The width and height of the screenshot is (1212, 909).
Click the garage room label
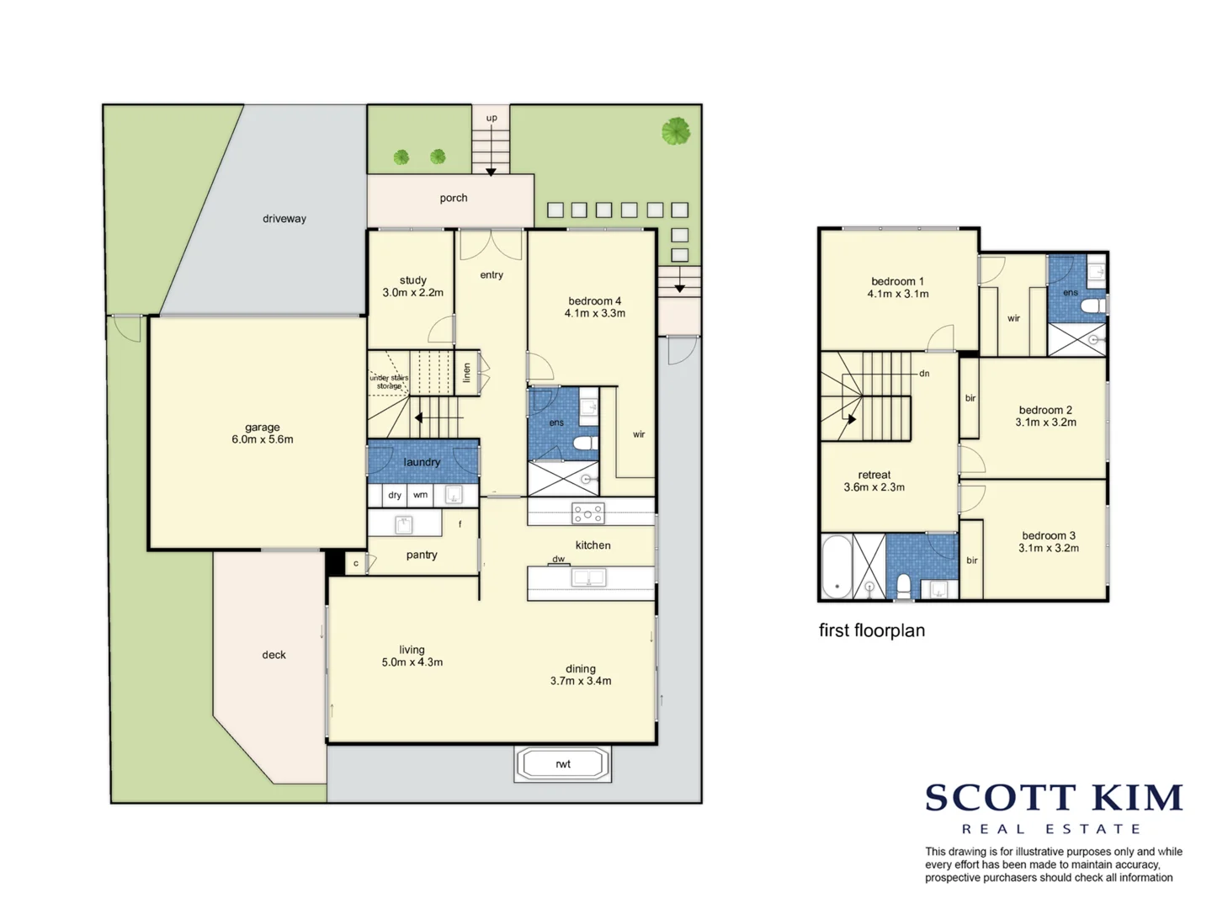coord(263,428)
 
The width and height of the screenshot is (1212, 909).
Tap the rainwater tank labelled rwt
coord(562,764)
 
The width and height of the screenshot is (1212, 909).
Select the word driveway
coord(284,219)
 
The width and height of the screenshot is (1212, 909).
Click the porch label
coord(453,198)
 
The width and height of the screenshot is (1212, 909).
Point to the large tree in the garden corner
coord(676,131)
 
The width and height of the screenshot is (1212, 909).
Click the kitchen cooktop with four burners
coord(587,512)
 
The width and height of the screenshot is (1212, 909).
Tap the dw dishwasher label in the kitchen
coord(558,559)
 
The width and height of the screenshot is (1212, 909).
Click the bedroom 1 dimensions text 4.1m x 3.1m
coord(898,294)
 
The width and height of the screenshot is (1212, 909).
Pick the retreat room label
coord(874,475)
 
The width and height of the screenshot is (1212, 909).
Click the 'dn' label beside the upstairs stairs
coord(924,373)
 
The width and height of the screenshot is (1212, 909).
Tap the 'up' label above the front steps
coord(492,118)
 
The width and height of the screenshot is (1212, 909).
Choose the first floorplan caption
coord(871,630)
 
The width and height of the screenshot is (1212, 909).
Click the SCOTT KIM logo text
coord(1054,797)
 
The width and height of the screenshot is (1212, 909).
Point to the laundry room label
coord(422,462)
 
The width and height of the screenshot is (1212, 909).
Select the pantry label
coord(422,555)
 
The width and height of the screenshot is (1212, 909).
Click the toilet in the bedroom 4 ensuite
coord(583,443)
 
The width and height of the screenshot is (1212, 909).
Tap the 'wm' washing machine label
coord(420,495)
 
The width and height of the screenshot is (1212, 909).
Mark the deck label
coord(274,655)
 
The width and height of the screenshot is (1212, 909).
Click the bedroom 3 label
coord(1048,535)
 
